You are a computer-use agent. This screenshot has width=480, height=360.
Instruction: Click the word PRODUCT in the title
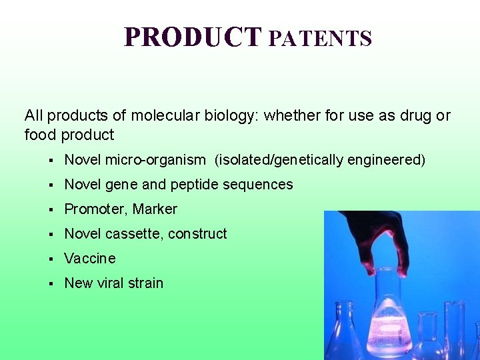click(193, 37)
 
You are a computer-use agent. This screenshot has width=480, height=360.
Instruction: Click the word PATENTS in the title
click(320, 39)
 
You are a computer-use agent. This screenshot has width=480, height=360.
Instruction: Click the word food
click(41, 135)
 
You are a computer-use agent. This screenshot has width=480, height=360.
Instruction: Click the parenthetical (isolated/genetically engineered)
click(319, 160)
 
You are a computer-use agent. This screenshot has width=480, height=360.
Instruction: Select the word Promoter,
click(96, 209)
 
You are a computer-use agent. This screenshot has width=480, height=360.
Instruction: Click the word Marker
click(155, 209)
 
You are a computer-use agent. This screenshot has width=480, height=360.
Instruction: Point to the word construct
click(197, 234)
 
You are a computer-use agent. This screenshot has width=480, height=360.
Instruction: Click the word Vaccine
click(89, 258)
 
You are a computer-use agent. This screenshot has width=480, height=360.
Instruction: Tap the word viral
click(112, 283)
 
